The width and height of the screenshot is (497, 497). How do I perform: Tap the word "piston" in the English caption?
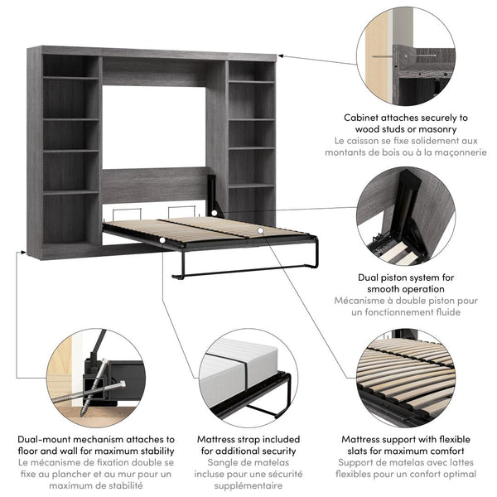pyautogui.click(x=398, y=277)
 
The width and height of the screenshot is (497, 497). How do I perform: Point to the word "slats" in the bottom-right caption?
pyautogui.click(x=360, y=451)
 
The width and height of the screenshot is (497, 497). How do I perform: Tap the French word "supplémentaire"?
pyautogui.click(x=248, y=486)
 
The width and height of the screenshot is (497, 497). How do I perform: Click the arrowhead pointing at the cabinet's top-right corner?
pyautogui.click(x=280, y=56)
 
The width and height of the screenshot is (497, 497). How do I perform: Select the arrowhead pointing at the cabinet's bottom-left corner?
pyautogui.click(x=23, y=253)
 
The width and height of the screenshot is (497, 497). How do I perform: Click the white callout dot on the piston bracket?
pyautogui.click(x=215, y=213)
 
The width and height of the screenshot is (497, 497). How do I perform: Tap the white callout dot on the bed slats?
pyautogui.click(x=260, y=230)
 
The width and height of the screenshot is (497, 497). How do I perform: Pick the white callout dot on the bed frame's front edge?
pyautogui.click(x=162, y=240)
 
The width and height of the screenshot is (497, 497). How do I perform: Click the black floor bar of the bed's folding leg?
pyautogui.click(x=244, y=272)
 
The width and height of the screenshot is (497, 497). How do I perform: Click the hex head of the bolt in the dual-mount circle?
pyautogui.click(x=122, y=384)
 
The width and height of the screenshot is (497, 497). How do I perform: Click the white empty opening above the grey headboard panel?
pyautogui.click(x=154, y=127)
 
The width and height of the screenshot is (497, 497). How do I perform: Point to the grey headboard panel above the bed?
pyautogui.click(x=155, y=185)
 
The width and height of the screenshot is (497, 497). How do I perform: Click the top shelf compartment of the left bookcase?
pyautogui.click(x=70, y=65)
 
